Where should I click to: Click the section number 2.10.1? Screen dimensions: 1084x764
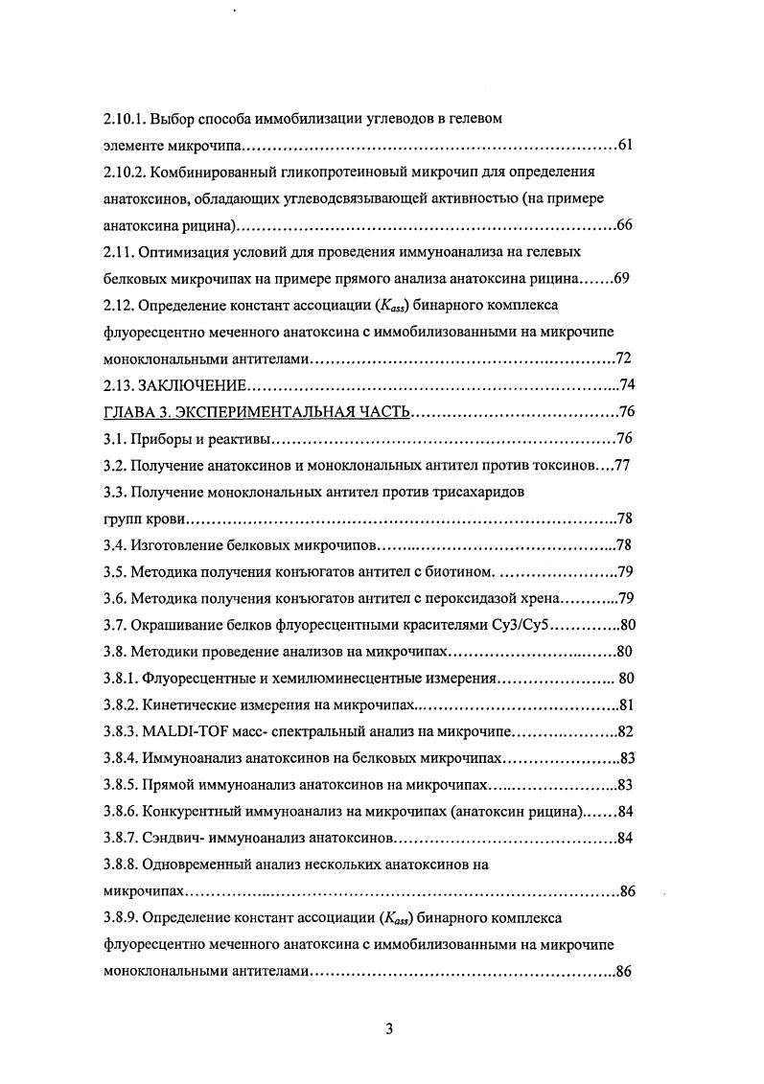click(125, 120)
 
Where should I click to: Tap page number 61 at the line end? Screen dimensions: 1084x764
click(624, 146)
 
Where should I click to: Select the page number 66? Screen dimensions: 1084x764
click(624, 226)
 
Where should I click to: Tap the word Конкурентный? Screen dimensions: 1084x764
click(194, 812)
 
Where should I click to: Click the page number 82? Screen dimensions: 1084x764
click(626, 732)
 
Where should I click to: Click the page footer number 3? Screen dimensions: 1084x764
click(388, 1030)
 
